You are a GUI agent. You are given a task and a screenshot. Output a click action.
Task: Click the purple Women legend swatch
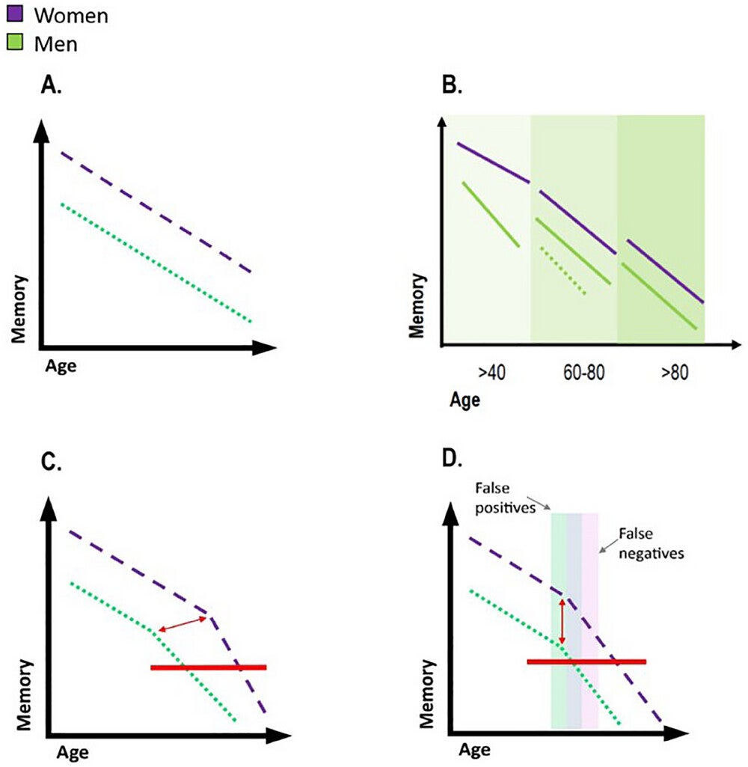(13, 13)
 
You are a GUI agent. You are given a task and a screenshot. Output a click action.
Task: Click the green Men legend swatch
(13, 43)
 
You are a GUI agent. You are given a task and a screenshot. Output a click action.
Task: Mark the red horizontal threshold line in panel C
(208, 666)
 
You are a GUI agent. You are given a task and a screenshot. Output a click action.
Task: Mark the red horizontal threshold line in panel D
(586, 661)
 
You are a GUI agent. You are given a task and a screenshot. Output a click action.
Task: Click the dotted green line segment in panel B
(562, 272)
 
